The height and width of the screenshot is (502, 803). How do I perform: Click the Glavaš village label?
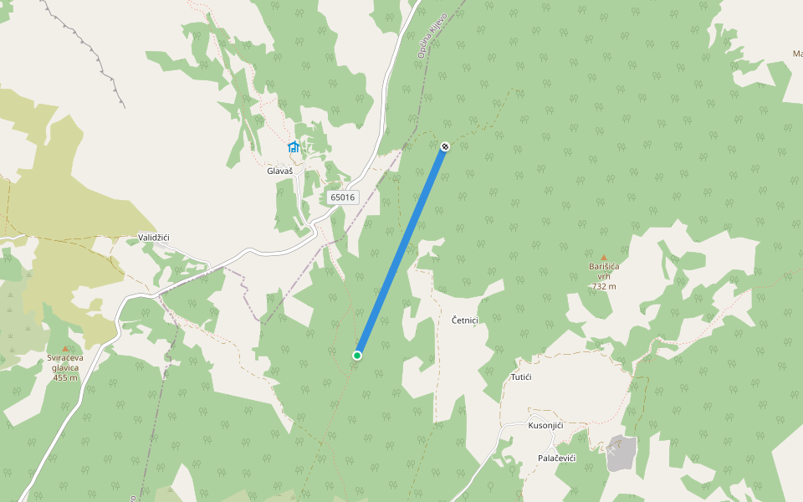tap(279, 171)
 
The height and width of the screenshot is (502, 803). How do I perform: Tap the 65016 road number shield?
tap(342, 197)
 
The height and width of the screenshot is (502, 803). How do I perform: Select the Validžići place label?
tap(154, 238)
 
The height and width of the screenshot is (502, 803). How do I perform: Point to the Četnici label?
tap(464, 320)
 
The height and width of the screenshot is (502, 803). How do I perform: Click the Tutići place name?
tap(521, 377)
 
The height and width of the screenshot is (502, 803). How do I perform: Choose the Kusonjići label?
tap(545, 425)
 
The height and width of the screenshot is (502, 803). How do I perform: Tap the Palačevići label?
tap(556, 458)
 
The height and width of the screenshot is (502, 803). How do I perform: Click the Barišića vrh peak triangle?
tap(603, 258)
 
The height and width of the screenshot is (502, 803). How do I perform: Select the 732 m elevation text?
tap(603, 286)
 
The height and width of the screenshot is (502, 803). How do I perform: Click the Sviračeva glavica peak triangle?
tap(65, 348)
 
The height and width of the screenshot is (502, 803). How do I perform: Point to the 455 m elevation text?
tap(64, 377)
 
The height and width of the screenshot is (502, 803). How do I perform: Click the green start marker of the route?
tap(357, 356)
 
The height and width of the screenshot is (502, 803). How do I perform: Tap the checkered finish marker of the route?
tap(445, 146)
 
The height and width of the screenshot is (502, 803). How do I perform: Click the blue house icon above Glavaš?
tap(293, 147)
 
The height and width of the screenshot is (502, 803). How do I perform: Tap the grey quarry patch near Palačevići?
tap(621, 452)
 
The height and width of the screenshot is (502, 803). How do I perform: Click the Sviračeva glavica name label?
tap(64, 362)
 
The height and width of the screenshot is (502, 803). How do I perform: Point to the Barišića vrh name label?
tap(603, 271)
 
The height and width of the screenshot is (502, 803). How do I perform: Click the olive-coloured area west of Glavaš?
tap(67, 209)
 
